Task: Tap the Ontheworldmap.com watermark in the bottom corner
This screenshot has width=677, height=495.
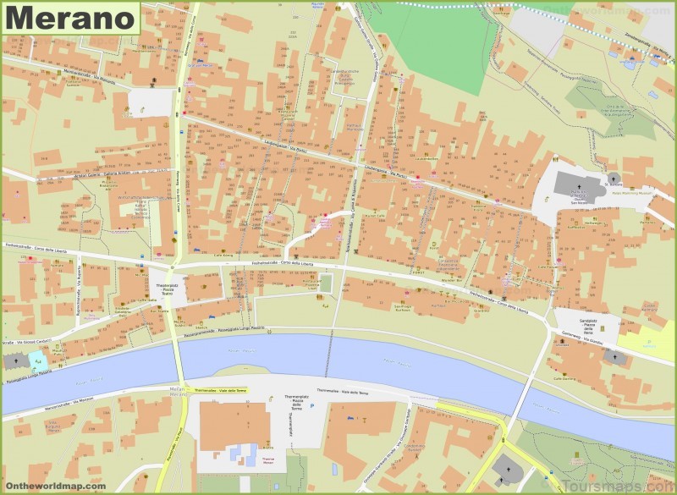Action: click(x=54, y=486)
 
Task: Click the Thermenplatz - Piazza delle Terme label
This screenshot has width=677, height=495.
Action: click(x=284, y=399)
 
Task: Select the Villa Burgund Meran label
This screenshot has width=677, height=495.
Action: click(x=56, y=425)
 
